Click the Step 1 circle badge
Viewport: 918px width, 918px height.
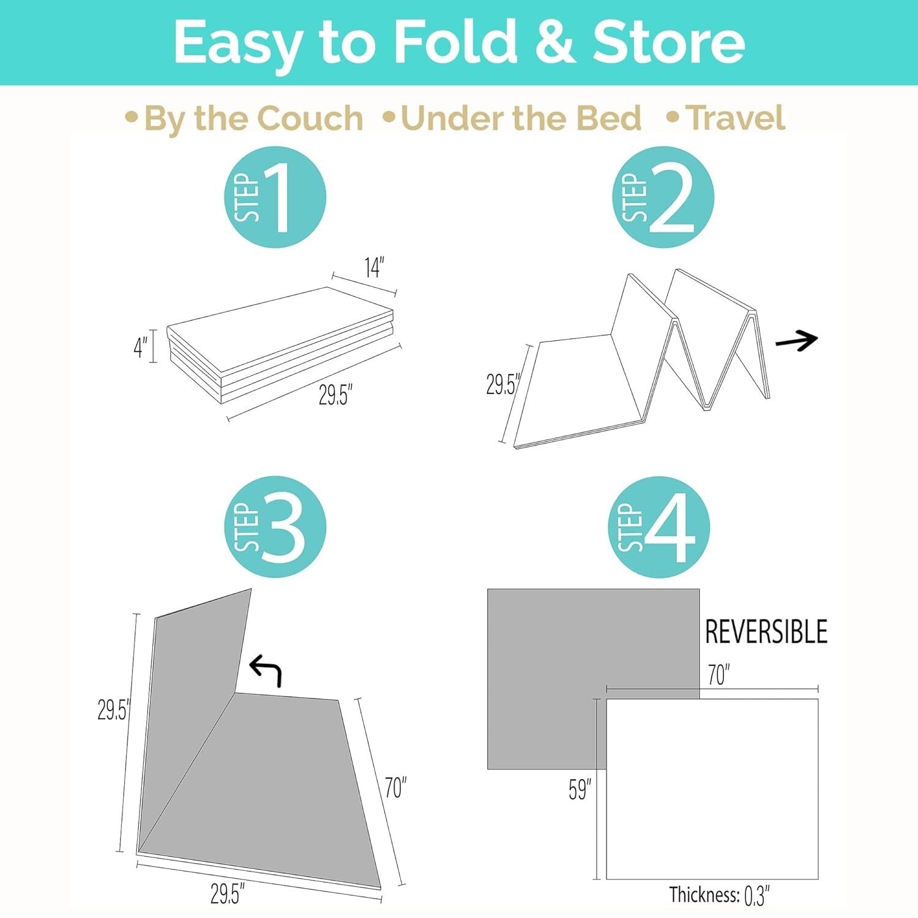tap(275, 197)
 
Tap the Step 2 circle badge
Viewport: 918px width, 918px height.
tap(663, 197)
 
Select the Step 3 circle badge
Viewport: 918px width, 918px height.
tap(275, 527)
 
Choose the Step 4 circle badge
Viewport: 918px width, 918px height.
tap(659, 527)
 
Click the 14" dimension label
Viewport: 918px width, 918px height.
tap(373, 267)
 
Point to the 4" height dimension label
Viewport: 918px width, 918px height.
tap(140, 347)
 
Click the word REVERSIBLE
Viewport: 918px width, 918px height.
tap(766, 632)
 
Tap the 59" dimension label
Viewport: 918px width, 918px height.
tap(579, 789)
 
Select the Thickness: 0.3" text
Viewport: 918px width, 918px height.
tap(718, 895)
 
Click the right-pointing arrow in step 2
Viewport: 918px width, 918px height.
tap(796, 340)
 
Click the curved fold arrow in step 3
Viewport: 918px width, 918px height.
tap(266, 670)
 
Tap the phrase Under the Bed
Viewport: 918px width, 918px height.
tap(521, 118)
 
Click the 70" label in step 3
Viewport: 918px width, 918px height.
tap(395, 788)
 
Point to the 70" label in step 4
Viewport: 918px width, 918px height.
tap(718, 675)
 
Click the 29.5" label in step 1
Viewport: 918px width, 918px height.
tap(335, 395)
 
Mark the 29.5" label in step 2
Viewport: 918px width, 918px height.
tap(502, 384)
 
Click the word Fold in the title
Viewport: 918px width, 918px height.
tap(455, 42)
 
